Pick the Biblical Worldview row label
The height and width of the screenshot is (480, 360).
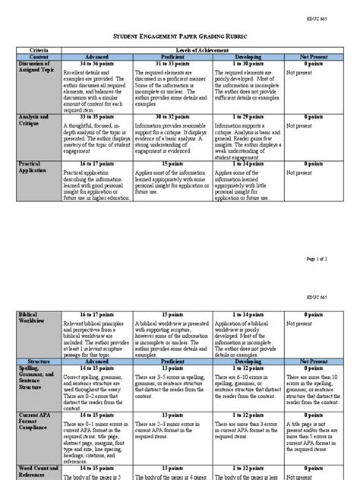[33, 315]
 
